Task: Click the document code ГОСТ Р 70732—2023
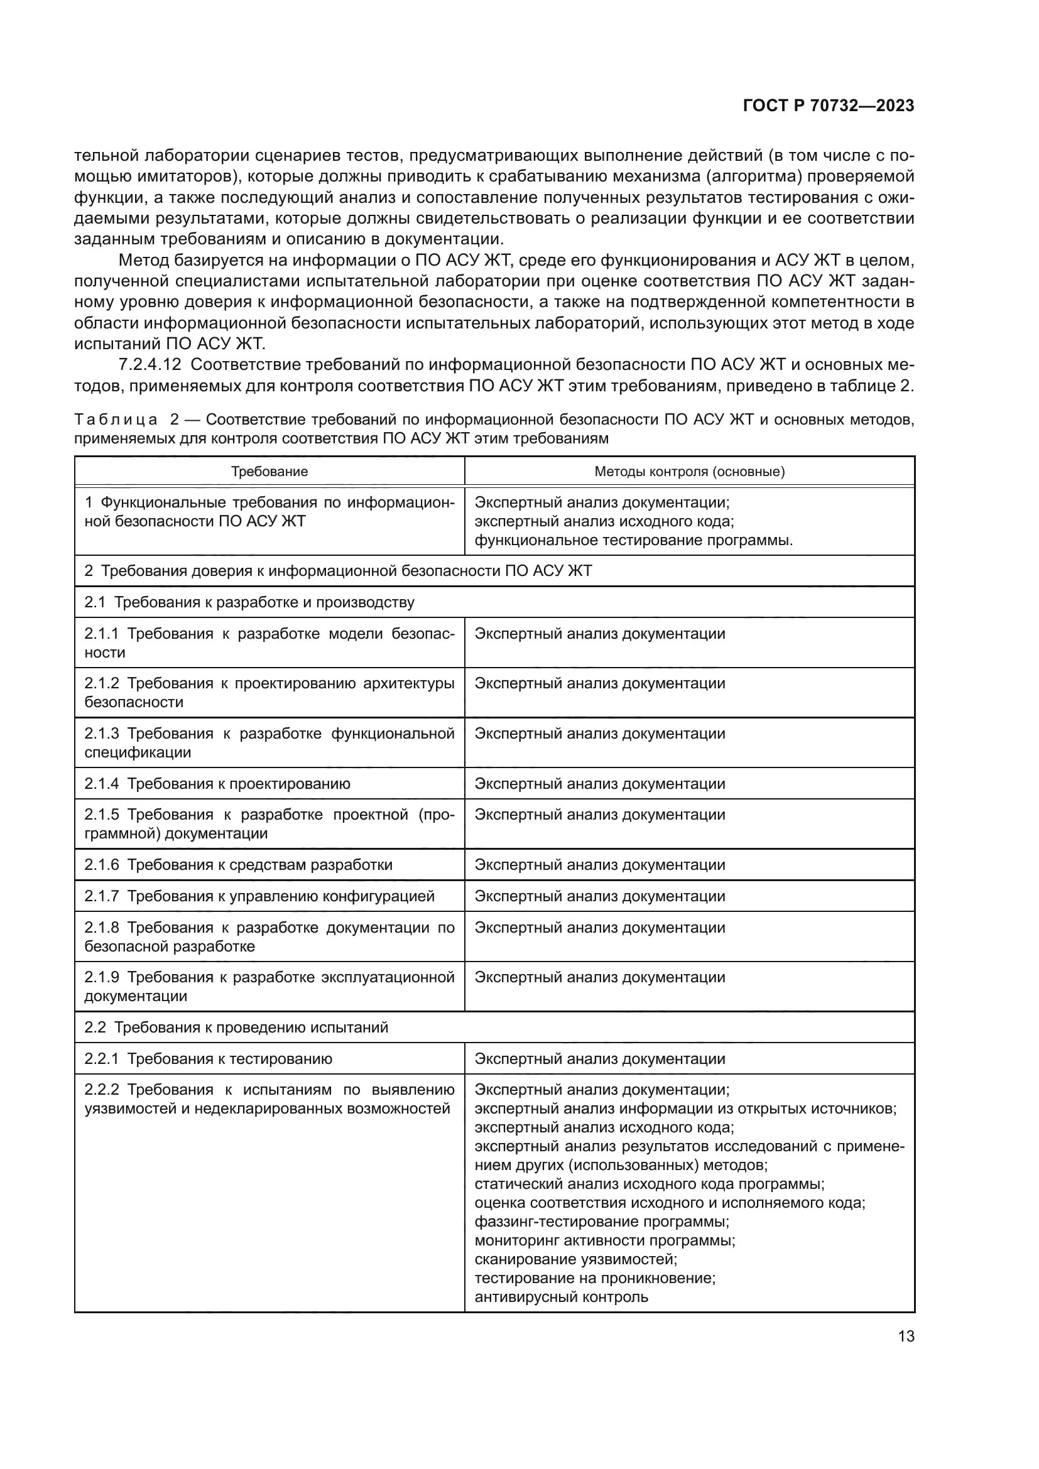(x=829, y=106)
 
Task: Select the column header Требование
(x=269, y=472)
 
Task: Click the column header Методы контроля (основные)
(x=689, y=472)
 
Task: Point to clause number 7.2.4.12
(x=150, y=366)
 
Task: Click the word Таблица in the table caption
(x=116, y=420)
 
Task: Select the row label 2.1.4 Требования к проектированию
(x=217, y=784)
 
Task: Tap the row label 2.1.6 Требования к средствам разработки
(x=238, y=865)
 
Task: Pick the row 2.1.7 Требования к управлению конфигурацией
(x=259, y=896)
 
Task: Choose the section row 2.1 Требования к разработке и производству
(x=249, y=603)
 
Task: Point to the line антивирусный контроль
(x=561, y=1297)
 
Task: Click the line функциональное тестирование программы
(x=633, y=541)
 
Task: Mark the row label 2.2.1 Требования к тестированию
(x=209, y=1059)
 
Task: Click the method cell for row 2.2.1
(x=599, y=1059)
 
